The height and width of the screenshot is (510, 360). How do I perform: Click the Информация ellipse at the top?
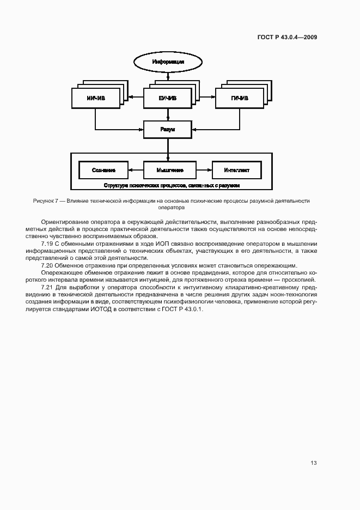click(x=168, y=62)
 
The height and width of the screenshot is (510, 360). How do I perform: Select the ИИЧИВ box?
click(x=95, y=98)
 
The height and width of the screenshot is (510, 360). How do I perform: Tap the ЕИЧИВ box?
click(x=168, y=98)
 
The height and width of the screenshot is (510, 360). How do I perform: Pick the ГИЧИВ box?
click(x=240, y=98)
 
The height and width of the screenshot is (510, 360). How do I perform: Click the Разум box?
click(x=168, y=130)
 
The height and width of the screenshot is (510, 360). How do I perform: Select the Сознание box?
click(x=103, y=170)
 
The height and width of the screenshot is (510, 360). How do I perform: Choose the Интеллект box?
click(x=236, y=170)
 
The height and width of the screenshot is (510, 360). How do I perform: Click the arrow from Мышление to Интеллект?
click(x=204, y=170)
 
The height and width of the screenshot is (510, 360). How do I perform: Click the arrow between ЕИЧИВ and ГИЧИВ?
click(x=204, y=98)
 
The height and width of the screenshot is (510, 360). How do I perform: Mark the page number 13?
click(x=313, y=463)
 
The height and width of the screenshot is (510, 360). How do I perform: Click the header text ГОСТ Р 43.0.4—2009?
click(x=287, y=38)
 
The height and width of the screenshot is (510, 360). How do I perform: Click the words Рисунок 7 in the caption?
click(x=46, y=201)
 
